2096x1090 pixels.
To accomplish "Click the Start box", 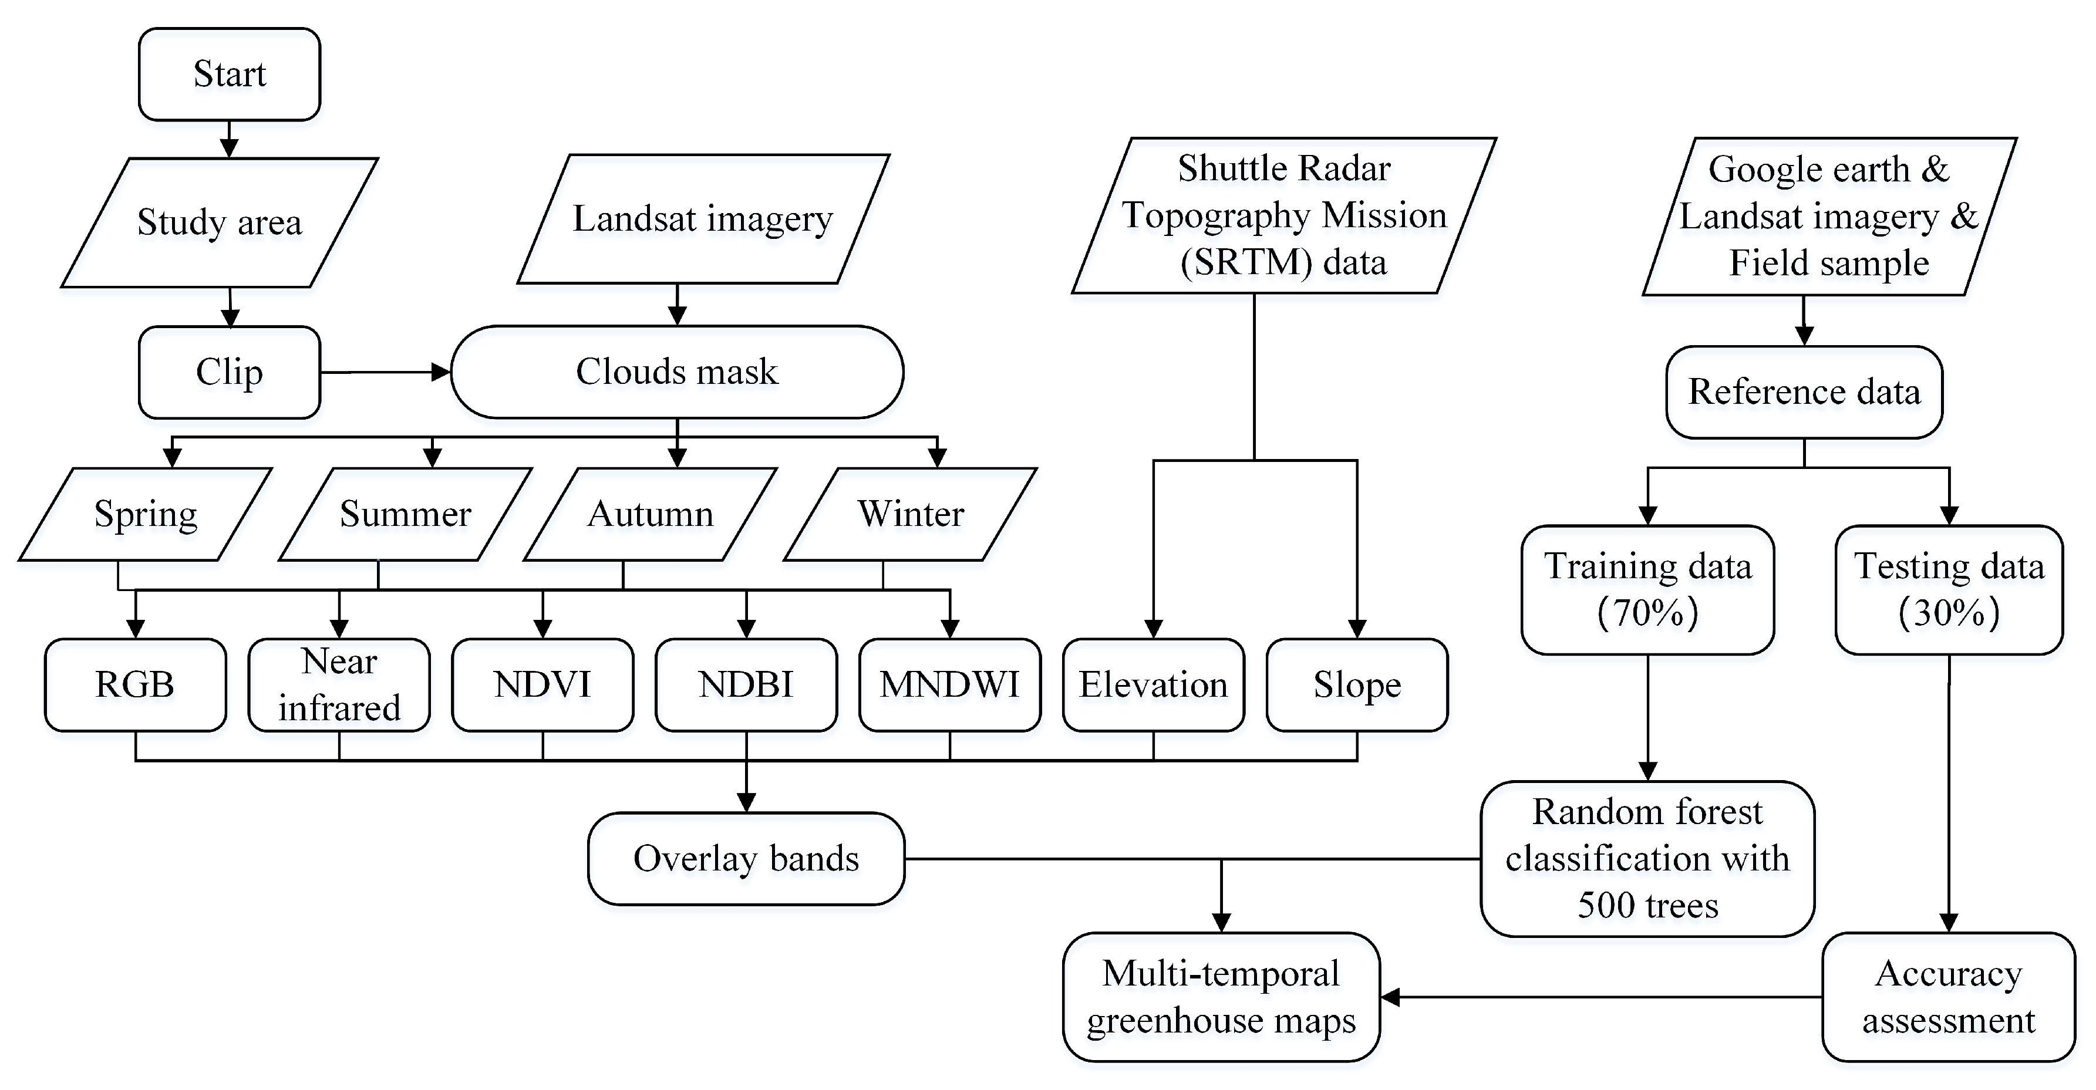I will (230, 74).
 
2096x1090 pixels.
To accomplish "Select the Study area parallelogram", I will (220, 222).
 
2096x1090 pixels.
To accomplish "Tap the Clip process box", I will (230, 373).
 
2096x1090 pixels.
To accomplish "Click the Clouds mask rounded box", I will (677, 372).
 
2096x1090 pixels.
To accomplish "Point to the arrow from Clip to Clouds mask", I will (386, 373).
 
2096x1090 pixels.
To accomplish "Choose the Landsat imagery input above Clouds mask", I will (703, 219).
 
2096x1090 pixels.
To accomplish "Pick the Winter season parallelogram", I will (911, 514).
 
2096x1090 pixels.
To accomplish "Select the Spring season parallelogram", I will (146, 514).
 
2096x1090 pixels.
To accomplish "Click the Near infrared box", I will (339, 685).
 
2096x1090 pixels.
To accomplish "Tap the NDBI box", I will (746, 685).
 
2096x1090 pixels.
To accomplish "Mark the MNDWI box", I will (949, 685).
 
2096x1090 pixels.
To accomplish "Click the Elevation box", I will (1153, 685).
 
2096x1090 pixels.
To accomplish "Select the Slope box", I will (1357, 685).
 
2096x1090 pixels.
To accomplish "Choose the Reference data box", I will (1804, 392).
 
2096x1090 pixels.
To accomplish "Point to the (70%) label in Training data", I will (1647, 613).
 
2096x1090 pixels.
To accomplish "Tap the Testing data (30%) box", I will (1949, 590).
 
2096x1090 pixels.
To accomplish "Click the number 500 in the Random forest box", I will (1600, 905).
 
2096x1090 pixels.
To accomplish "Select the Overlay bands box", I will (746, 859).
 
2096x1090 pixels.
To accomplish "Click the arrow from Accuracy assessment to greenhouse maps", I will (1595, 997).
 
